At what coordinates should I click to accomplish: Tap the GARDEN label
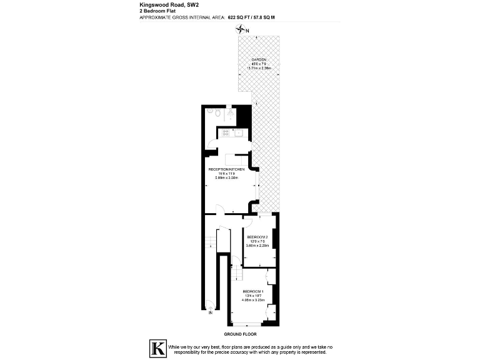click(x=258, y=60)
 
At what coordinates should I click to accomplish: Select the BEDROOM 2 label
click(x=257, y=237)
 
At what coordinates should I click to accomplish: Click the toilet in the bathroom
click(x=214, y=114)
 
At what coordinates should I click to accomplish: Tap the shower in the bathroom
click(x=231, y=114)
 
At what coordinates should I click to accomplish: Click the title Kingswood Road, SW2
click(x=165, y=4)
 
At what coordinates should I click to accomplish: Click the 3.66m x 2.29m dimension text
click(x=257, y=246)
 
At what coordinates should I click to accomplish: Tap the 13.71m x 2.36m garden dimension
click(x=258, y=68)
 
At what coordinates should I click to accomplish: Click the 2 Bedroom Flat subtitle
click(x=156, y=11)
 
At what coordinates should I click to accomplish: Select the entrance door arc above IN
click(x=209, y=304)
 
